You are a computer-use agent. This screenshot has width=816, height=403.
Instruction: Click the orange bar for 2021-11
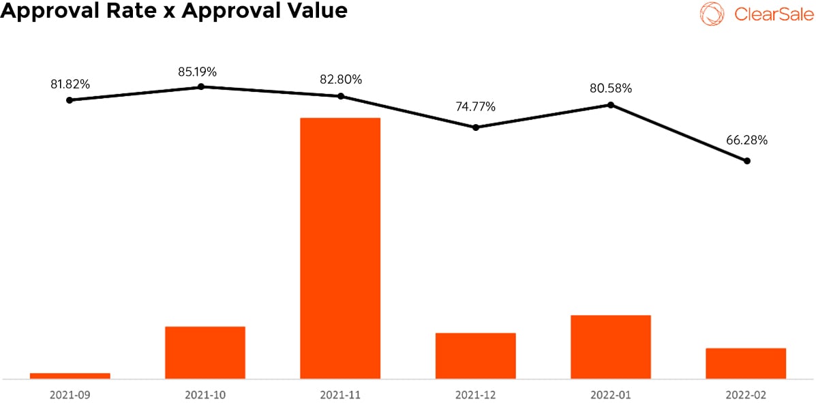click(x=340, y=248)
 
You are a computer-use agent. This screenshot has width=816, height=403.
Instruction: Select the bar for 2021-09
click(x=70, y=376)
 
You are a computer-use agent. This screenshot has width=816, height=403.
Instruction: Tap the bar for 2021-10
click(x=205, y=353)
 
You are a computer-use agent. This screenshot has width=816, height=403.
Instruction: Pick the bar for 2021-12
click(x=476, y=355)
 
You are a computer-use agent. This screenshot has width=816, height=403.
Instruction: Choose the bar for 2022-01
click(x=611, y=346)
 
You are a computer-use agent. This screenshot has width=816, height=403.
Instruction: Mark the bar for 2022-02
click(x=746, y=363)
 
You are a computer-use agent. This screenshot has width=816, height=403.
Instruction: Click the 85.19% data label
click(x=198, y=72)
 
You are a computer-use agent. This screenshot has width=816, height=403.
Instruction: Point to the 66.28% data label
click(x=747, y=140)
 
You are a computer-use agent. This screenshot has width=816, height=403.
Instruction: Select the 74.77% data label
click(x=475, y=107)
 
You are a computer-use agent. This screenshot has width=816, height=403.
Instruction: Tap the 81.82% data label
click(x=70, y=85)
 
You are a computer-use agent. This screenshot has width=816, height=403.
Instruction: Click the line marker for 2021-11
click(x=341, y=96)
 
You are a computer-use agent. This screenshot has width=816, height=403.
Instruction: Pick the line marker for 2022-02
click(x=746, y=161)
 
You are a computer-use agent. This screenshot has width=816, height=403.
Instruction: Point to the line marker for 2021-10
click(x=201, y=87)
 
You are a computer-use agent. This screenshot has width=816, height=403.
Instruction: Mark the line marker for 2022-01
click(x=611, y=105)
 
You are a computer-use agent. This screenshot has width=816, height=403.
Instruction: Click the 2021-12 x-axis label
click(x=476, y=394)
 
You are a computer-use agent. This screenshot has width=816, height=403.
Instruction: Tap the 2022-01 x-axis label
click(x=611, y=394)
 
